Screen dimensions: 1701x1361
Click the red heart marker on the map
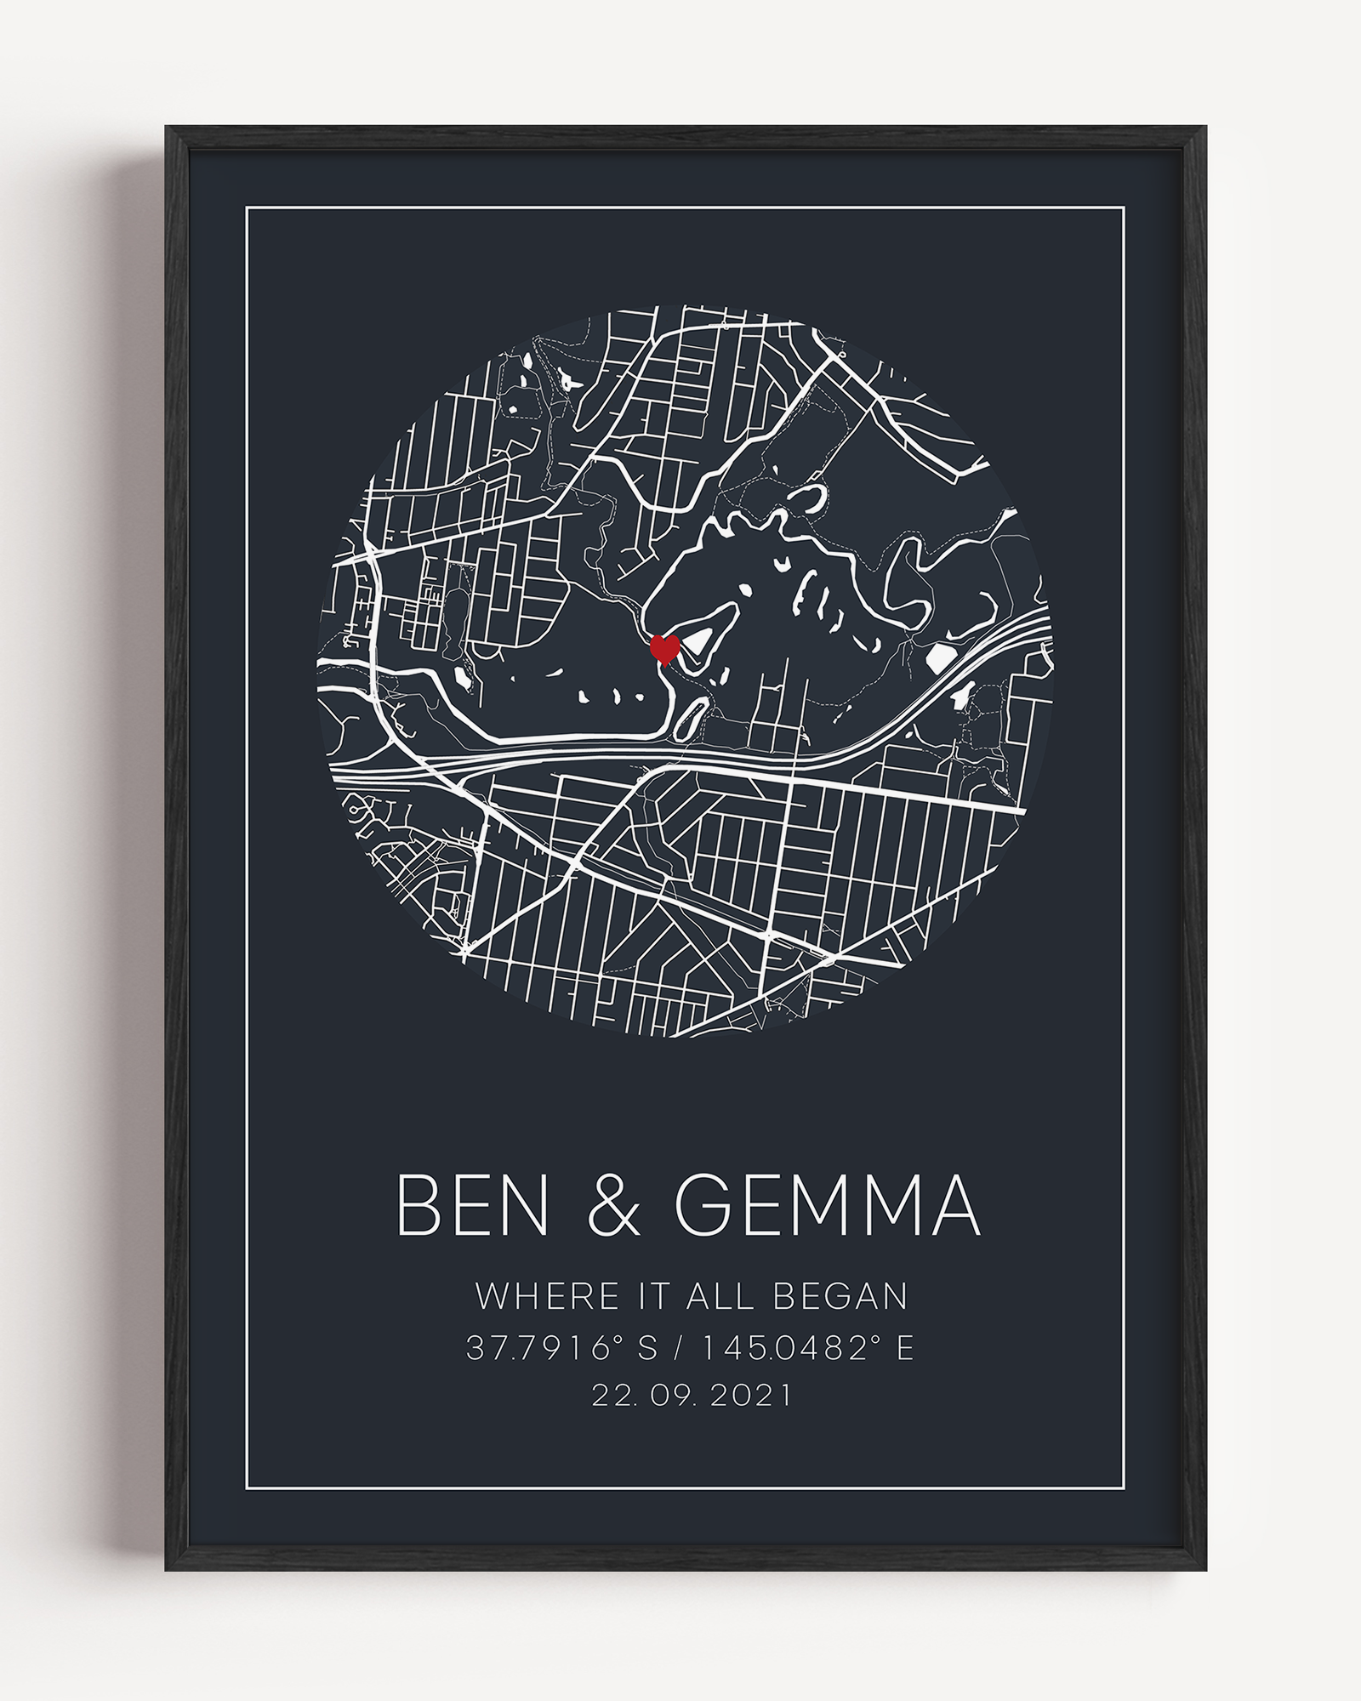coord(664,649)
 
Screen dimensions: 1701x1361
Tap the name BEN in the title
coord(472,1206)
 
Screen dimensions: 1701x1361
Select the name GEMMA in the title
coord(828,1206)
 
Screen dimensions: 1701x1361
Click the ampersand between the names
coord(613,1206)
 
